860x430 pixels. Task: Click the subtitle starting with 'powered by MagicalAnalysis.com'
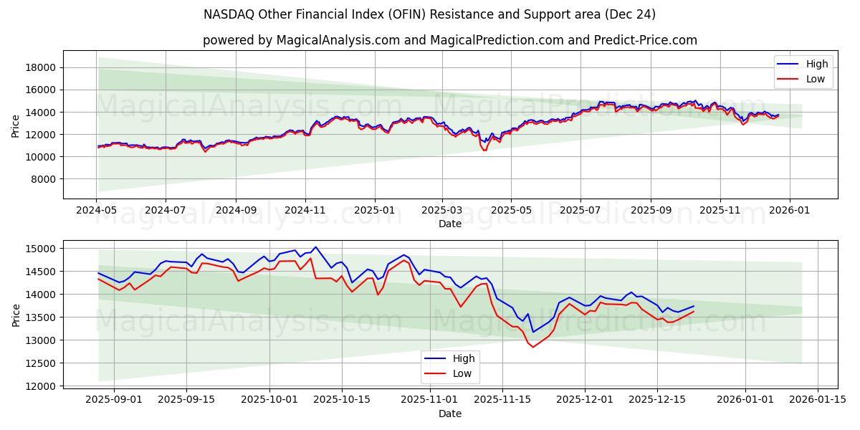pyautogui.click(x=449, y=40)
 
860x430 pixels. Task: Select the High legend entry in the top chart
pyautogui.click(x=816, y=64)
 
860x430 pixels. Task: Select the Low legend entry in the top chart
pyautogui.click(x=815, y=79)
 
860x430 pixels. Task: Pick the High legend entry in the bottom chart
pyautogui.click(x=463, y=358)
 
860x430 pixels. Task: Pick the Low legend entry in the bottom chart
pyautogui.click(x=462, y=373)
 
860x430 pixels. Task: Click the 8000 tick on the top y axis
pyautogui.click(x=44, y=178)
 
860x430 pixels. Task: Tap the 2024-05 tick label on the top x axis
pyautogui.click(x=96, y=211)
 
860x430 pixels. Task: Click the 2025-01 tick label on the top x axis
pyautogui.click(x=374, y=211)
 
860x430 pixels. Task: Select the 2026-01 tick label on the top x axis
pyautogui.click(x=790, y=211)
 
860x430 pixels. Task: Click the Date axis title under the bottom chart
pyautogui.click(x=449, y=414)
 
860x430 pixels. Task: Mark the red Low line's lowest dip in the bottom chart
pyautogui.click(x=532, y=347)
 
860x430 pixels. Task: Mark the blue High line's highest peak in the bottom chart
pyautogui.click(x=315, y=247)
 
